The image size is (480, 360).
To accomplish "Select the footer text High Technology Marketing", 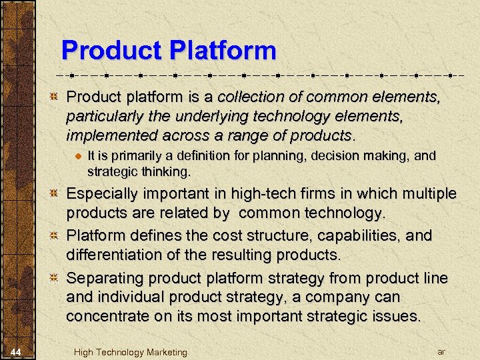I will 131,352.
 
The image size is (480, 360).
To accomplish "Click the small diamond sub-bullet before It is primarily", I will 78,157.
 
